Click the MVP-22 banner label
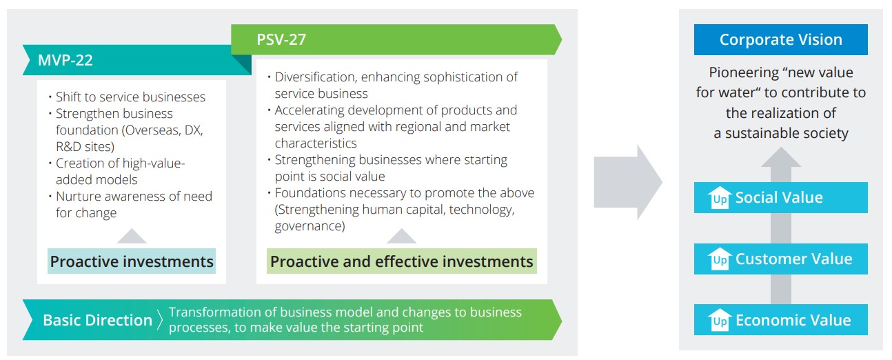[65, 60]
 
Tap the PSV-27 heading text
[281, 39]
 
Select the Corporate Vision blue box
[780, 39]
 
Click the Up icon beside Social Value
[720, 197]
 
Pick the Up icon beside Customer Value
[720, 259]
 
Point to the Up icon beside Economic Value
[720, 320]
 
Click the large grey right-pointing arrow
[628, 182]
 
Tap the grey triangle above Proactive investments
[132, 236]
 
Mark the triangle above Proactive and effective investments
[401, 236]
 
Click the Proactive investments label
[132, 261]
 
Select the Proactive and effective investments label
[401, 261]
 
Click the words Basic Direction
[98, 320]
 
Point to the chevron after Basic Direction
[160, 320]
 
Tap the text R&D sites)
[85, 146]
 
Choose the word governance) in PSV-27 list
[310, 226]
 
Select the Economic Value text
[793, 320]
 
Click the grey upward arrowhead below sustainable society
[781, 157]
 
